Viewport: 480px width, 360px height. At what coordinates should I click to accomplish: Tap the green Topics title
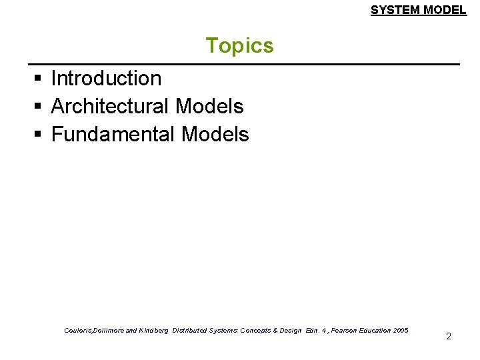[x=239, y=45]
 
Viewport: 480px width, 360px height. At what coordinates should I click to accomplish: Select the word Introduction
[x=106, y=78]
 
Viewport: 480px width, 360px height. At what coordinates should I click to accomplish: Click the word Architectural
[x=111, y=106]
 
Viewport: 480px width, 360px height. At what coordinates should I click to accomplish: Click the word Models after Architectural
[x=210, y=106]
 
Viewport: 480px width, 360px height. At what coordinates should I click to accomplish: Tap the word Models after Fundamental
[x=215, y=134]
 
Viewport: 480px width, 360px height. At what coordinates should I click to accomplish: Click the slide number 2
[x=448, y=336]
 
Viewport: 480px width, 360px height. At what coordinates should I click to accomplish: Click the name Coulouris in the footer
[x=79, y=330]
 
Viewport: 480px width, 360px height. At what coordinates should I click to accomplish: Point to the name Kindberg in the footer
[x=153, y=330]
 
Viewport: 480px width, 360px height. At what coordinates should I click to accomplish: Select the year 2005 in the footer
[x=401, y=330]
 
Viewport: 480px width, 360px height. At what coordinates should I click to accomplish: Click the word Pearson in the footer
[x=331, y=330]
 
